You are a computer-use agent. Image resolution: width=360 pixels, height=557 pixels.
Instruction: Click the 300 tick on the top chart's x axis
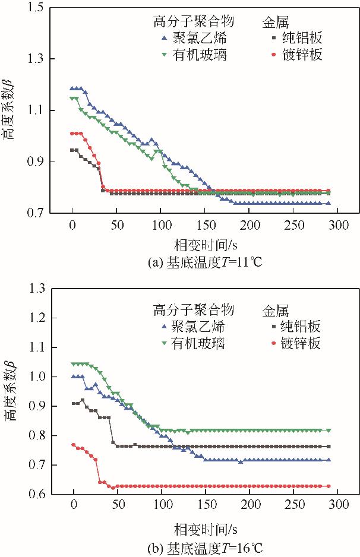coord(337,226)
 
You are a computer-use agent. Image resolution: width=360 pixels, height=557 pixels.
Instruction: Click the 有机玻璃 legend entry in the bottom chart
coord(192,343)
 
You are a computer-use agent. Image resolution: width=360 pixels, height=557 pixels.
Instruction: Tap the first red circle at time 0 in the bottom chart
coord(74,445)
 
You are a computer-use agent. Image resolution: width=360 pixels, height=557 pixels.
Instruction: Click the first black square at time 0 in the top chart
coord(72,150)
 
